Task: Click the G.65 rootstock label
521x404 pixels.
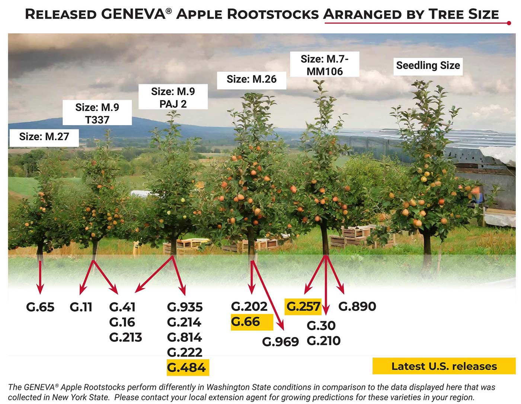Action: click(x=40, y=307)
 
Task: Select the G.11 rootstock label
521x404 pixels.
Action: click(x=81, y=307)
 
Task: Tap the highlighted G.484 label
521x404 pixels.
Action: click(x=187, y=368)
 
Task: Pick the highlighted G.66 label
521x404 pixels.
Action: click(x=246, y=322)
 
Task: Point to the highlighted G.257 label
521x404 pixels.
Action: click(x=303, y=307)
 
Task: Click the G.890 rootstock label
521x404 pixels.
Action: click(x=357, y=307)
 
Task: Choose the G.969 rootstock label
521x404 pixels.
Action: click(x=280, y=342)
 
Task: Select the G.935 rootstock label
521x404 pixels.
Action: click(x=185, y=307)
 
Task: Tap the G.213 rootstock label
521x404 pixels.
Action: click(x=125, y=337)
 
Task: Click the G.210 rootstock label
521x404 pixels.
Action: click(x=323, y=341)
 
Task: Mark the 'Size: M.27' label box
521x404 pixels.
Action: click(x=44, y=137)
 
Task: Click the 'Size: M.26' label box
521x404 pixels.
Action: click(x=252, y=79)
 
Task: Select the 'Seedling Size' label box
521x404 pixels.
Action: click(x=428, y=66)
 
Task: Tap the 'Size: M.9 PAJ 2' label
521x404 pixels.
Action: click(x=173, y=97)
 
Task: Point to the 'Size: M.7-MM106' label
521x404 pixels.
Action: click(x=325, y=65)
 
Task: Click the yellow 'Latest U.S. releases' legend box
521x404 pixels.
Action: click(x=444, y=366)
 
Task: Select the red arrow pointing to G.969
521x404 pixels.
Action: click(x=269, y=298)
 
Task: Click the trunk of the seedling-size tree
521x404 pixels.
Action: click(x=427, y=247)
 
